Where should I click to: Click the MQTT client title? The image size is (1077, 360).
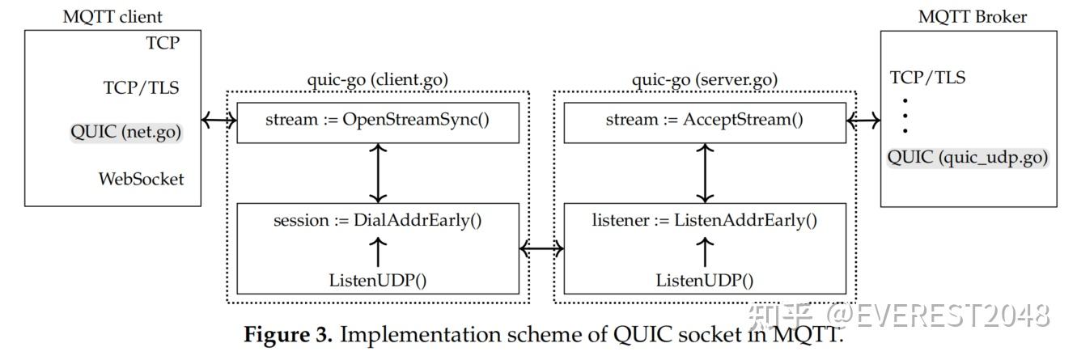(x=112, y=16)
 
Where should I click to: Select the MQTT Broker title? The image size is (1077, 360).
(x=973, y=16)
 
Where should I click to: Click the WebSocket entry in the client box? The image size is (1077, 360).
(x=142, y=178)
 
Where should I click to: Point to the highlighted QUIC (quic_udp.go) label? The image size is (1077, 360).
(x=968, y=158)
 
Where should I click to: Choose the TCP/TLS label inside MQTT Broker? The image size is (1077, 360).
(x=927, y=78)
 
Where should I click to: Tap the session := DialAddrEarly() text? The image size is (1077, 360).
(x=377, y=219)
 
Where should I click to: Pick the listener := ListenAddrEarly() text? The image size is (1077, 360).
(x=704, y=219)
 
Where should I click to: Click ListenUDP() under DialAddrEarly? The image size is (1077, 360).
(x=377, y=281)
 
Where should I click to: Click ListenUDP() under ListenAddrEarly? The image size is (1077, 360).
(x=704, y=281)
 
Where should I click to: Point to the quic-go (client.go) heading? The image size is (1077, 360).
(x=377, y=79)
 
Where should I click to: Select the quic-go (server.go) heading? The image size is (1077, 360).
(x=704, y=79)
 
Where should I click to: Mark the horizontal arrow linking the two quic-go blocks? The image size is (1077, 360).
(x=541, y=249)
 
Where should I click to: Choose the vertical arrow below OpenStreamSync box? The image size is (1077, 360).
(x=377, y=173)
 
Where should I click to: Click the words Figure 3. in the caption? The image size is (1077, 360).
(x=288, y=335)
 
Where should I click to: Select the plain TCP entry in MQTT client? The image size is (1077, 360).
(x=162, y=43)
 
